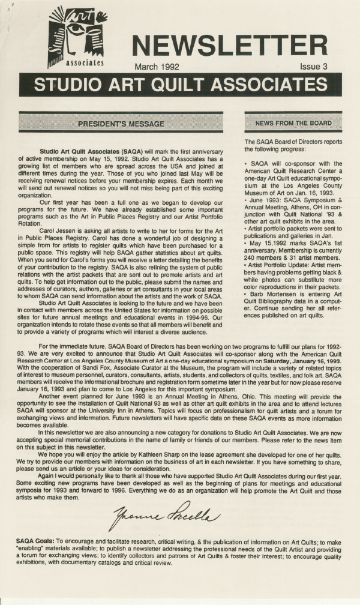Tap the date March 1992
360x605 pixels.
(x=157, y=67)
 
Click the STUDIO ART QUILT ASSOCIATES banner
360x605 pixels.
(x=180, y=85)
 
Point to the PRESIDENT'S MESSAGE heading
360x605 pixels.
(x=121, y=124)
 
